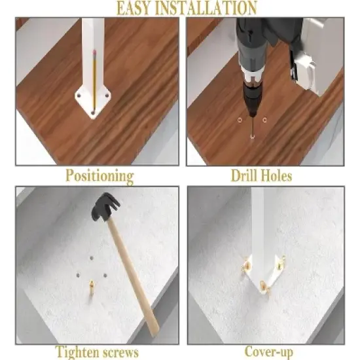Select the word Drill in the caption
tap(245, 175)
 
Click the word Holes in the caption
tap(277, 175)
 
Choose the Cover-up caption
tap(268, 352)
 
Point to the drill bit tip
tap(253, 136)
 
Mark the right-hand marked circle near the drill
tap(264, 120)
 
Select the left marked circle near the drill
tap(240, 120)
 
